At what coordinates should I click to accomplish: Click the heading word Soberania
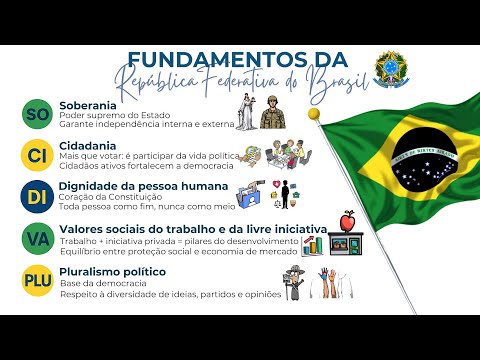point(88,105)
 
